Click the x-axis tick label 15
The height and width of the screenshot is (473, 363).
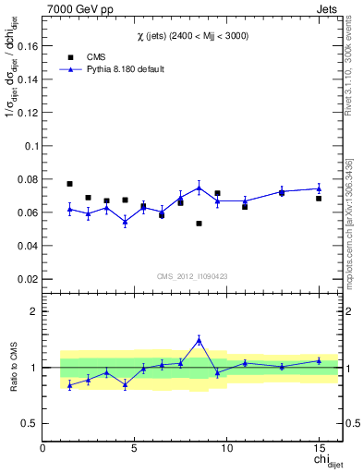tap(319, 448)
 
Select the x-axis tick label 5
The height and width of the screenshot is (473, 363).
tap(136, 448)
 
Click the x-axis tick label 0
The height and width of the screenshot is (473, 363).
tap(43, 448)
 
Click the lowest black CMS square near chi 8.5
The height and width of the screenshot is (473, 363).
tap(199, 224)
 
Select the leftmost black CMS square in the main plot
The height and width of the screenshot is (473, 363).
tap(69, 184)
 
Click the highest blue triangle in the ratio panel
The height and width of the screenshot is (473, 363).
tap(199, 340)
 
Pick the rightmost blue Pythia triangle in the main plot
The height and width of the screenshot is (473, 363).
tap(319, 188)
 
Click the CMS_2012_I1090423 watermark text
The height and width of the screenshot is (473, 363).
tap(191, 276)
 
